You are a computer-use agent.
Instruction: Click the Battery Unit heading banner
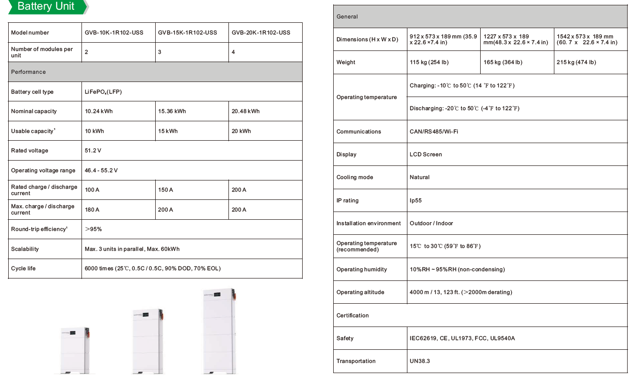point(46,7)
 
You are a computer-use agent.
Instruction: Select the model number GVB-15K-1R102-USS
point(187,33)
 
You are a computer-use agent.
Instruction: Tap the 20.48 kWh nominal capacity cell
point(245,111)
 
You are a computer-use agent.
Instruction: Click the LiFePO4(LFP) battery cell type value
point(103,92)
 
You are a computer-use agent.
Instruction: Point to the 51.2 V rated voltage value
point(93,150)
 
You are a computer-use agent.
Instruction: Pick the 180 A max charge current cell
point(92,210)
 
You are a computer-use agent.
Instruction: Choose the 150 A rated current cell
point(166,190)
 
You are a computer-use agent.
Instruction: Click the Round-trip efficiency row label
point(39,229)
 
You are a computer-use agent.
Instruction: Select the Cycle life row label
point(23,268)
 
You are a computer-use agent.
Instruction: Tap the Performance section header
point(29,72)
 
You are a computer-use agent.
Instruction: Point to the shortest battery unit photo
point(74,348)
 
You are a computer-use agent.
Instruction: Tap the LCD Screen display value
point(426,154)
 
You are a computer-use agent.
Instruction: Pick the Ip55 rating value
point(416,200)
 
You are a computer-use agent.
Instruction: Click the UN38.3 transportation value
point(420,361)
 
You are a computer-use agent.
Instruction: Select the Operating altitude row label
point(360,292)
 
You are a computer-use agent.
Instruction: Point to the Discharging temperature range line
point(464,108)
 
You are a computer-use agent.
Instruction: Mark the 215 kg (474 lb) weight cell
point(577,62)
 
